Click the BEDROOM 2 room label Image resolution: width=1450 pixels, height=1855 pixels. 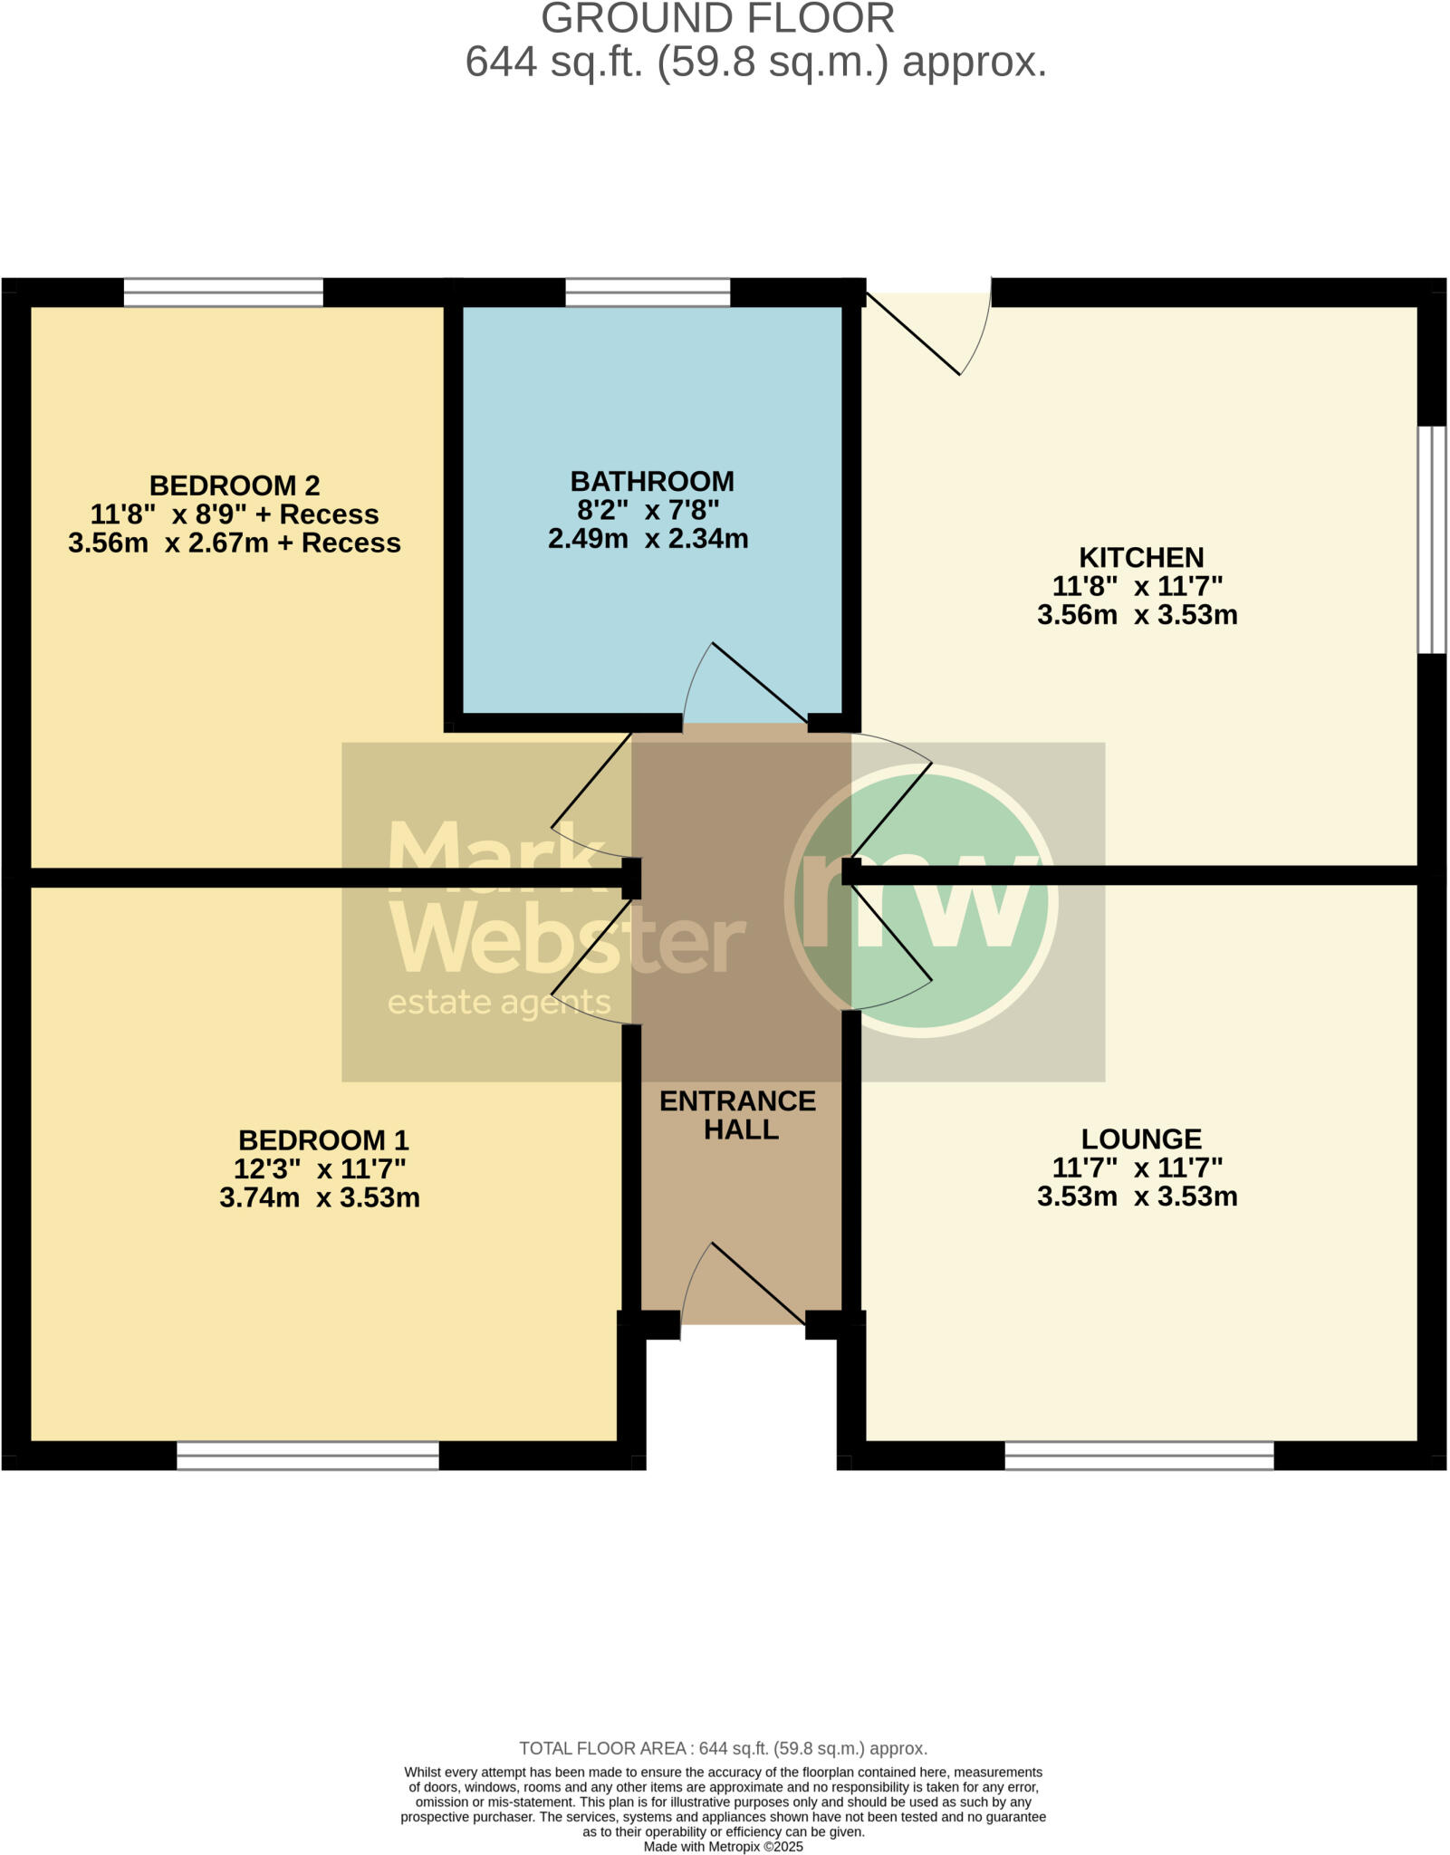coord(235,485)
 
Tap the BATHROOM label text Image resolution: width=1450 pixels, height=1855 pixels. coord(652,481)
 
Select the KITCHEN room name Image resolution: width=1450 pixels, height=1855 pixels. coord(1141,557)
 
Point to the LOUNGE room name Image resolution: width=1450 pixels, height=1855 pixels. coord(1141,1139)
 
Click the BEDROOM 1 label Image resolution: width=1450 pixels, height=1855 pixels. coord(323,1139)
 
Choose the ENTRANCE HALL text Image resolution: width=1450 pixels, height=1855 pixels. coord(738,1115)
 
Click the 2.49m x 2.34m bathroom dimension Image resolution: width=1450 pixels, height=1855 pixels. coord(648,539)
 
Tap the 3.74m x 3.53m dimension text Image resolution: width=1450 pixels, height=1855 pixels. coord(320,1197)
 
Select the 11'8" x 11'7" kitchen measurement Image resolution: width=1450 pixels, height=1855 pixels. coord(1138,586)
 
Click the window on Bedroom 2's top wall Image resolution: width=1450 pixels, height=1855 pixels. coord(223,293)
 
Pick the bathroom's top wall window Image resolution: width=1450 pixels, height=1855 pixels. coord(648,293)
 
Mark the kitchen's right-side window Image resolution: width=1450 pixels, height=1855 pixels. coord(1432,539)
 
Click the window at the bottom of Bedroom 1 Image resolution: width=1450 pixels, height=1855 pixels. coord(308,1456)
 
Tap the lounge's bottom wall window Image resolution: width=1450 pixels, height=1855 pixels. coord(1139,1456)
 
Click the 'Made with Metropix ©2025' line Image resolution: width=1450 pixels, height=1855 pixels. coord(723,1847)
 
